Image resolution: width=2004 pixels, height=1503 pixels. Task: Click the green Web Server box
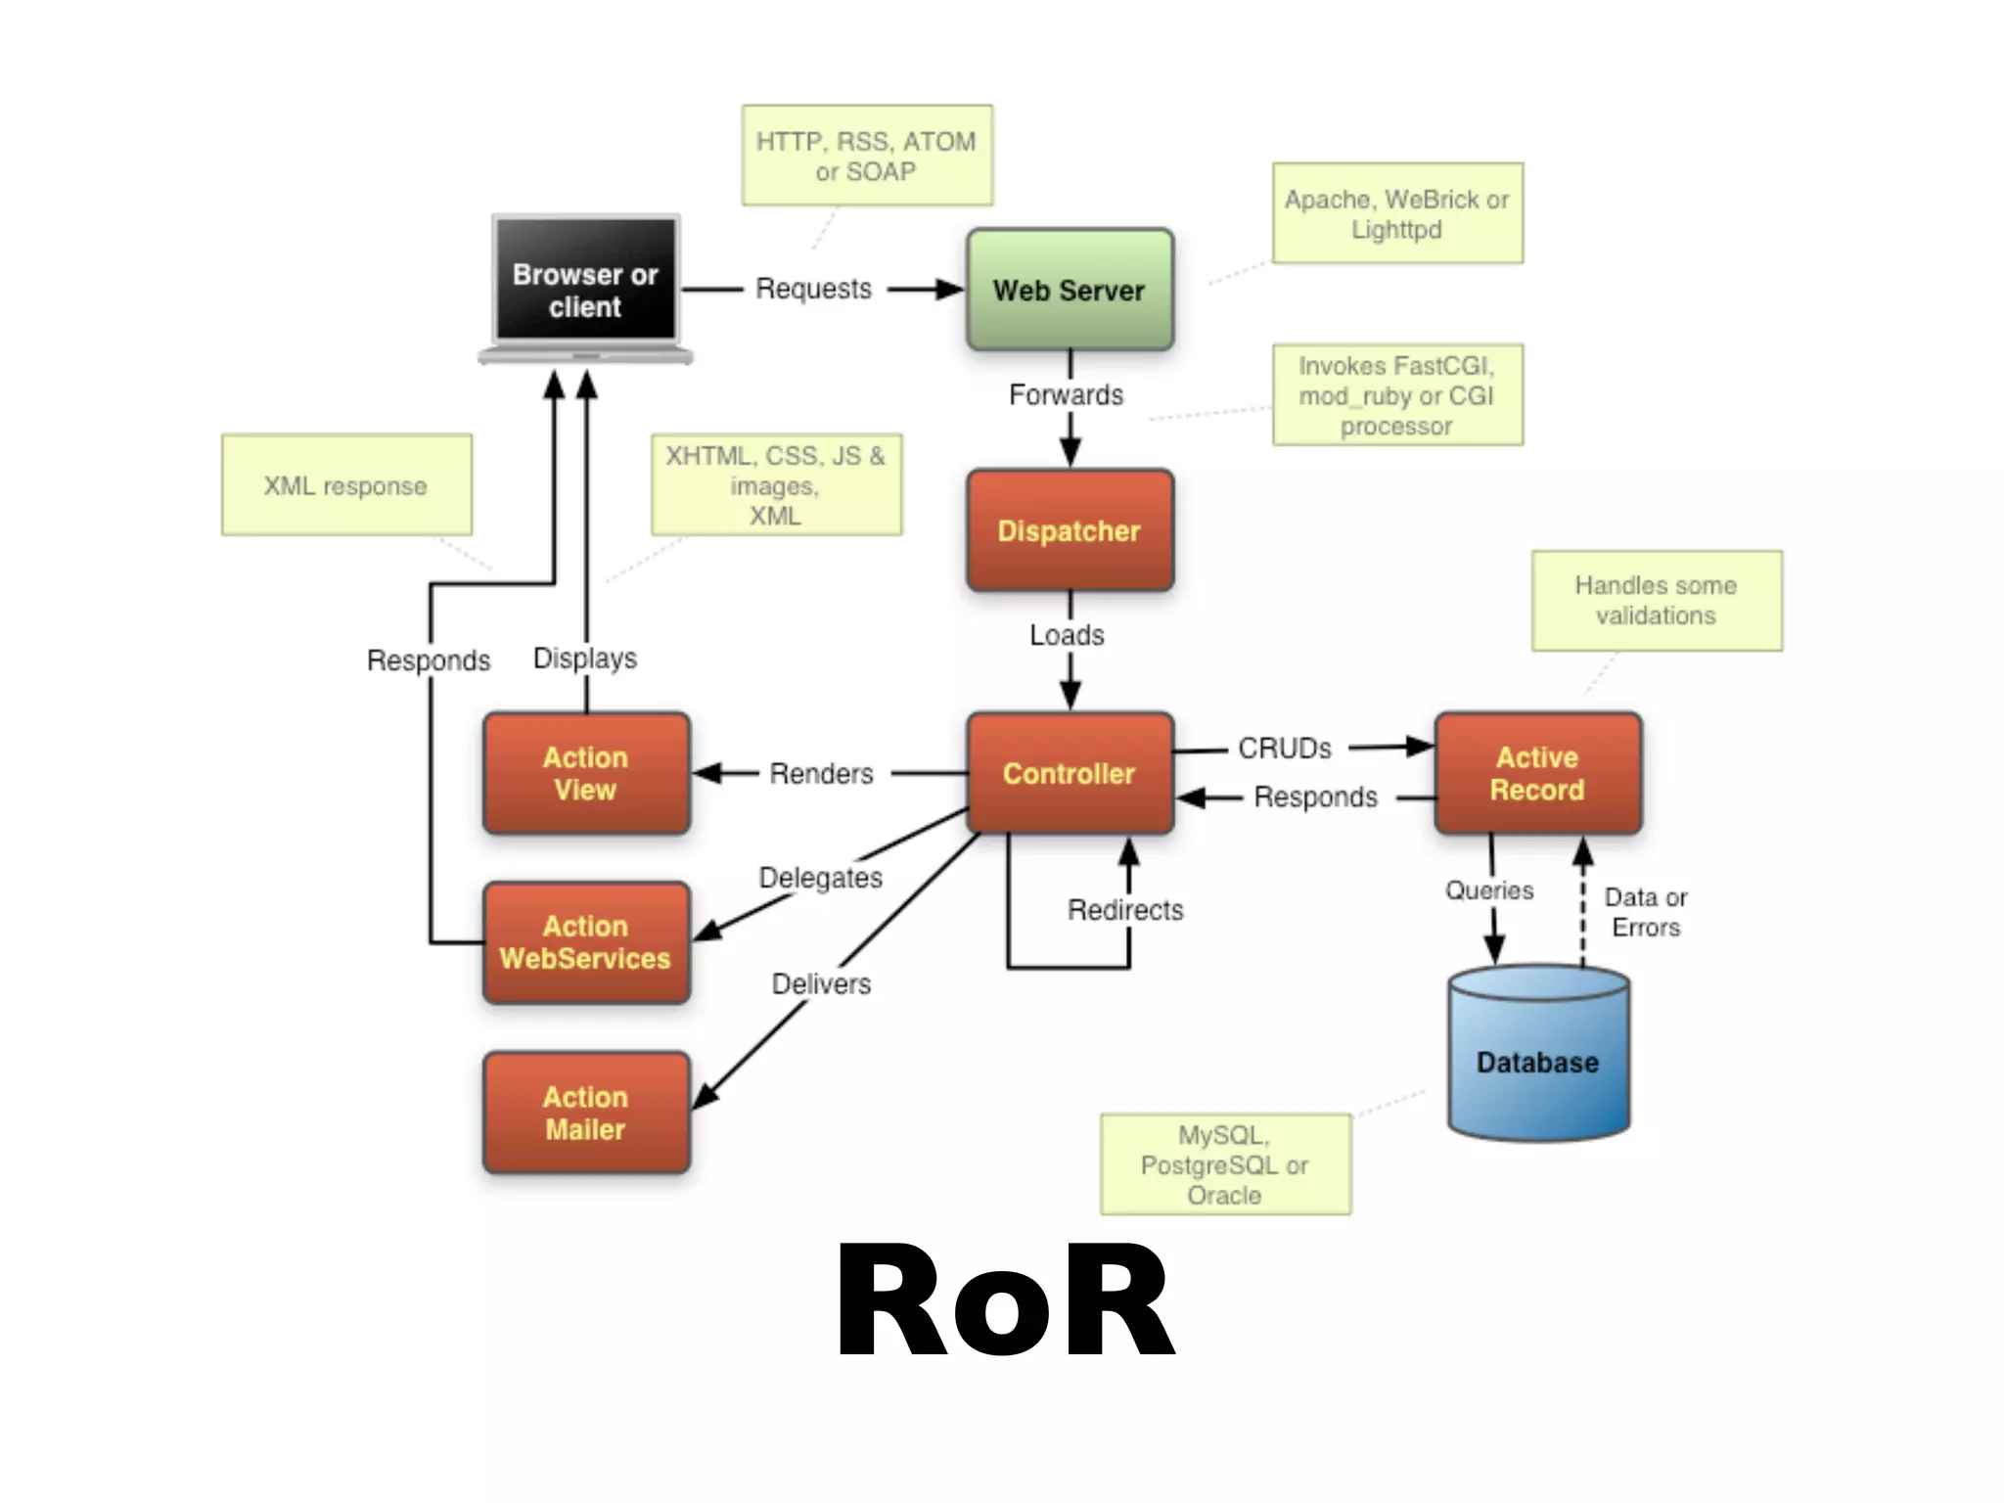pos(1069,290)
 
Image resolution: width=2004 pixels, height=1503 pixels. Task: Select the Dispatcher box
pos(1069,530)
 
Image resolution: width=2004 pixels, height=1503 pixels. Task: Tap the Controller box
pos(1069,773)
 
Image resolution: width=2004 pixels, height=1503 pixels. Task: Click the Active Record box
pos(1536,773)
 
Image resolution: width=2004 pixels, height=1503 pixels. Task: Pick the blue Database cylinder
pos(1537,1062)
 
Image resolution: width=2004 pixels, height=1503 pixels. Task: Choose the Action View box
pos(585,773)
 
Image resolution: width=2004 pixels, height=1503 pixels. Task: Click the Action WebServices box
pos(585,942)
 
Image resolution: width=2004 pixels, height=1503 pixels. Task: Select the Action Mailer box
pos(585,1113)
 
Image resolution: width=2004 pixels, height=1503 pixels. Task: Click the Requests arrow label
pos(813,289)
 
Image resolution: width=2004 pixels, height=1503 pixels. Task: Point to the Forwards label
pos(1066,394)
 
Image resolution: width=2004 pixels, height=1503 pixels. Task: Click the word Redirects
pos(1124,910)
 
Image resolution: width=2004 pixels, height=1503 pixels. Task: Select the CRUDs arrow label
pos(1284,749)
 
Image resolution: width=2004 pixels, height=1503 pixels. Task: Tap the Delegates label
pos(820,878)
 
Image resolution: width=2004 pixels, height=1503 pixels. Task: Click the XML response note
pos(345,485)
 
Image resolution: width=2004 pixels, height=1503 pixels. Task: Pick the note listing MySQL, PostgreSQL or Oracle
pos(1224,1164)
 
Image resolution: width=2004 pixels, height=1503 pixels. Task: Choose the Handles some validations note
pos(1656,600)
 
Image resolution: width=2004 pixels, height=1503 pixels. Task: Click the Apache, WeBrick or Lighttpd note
pos(1396,213)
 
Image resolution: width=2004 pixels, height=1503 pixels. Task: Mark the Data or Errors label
pos(1645,912)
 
